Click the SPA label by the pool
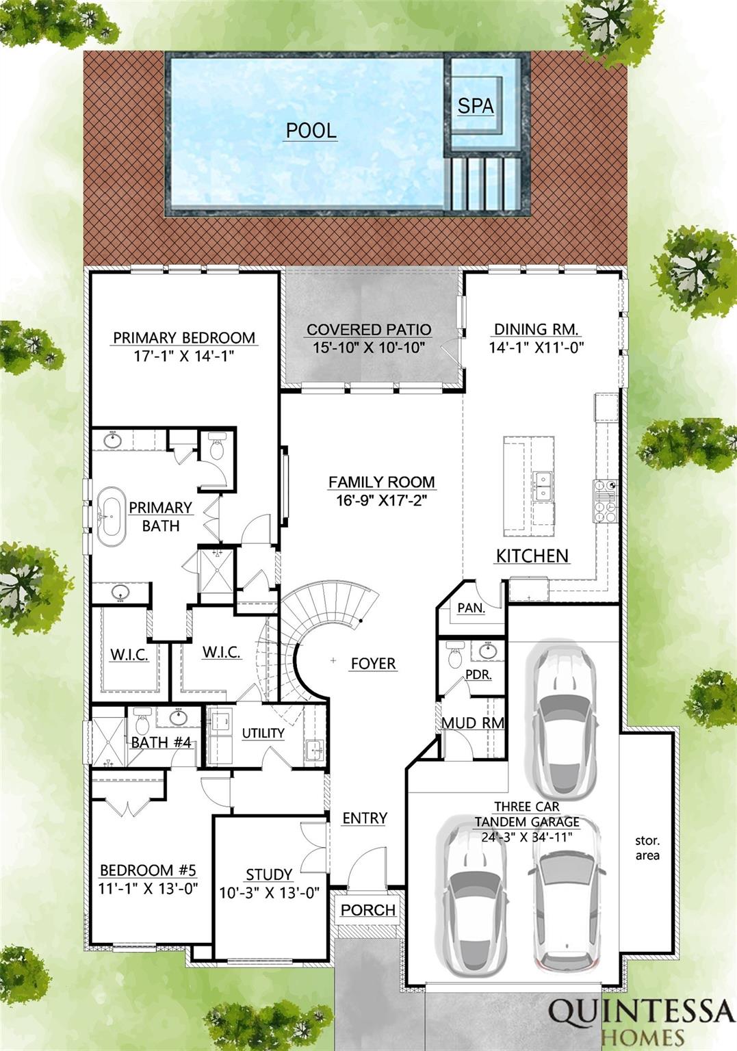475,106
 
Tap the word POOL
311,131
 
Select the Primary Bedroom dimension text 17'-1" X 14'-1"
184,356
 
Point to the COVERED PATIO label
369,329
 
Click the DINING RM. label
536,329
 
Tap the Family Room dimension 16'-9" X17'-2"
381,500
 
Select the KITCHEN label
532,556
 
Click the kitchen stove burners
606,501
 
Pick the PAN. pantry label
471,608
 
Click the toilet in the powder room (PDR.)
454,655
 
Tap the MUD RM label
473,723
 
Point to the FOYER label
374,664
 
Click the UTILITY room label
263,733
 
